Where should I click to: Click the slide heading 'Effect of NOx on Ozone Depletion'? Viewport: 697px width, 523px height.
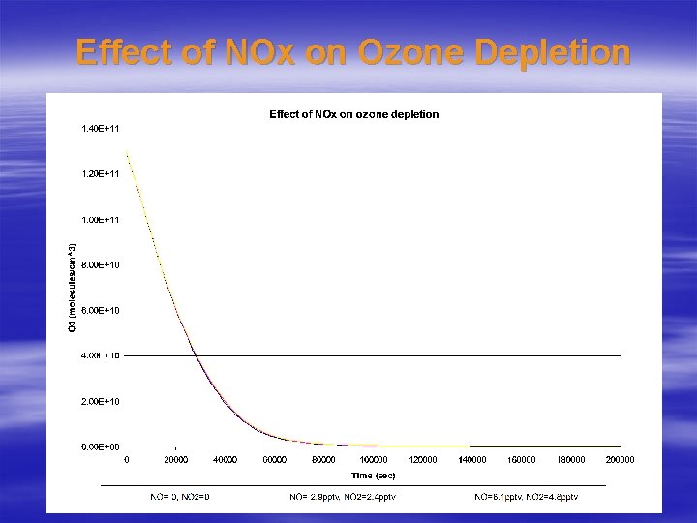[352, 52]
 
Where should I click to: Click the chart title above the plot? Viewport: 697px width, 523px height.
[353, 114]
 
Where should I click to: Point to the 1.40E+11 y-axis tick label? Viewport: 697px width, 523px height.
[100, 128]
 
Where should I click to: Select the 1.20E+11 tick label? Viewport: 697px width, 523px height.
[100, 173]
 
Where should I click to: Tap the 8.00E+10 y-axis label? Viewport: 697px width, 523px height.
[100, 264]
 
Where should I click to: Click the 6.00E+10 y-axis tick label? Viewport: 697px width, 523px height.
[100, 310]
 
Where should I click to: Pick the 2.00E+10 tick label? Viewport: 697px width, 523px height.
[100, 401]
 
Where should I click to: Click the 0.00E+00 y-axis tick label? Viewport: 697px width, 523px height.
[100, 446]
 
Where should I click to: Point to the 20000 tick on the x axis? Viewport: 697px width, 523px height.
[175, 460]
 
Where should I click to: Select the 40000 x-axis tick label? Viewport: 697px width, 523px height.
[225, 460]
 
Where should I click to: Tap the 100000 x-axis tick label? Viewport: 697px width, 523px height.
[374, 460]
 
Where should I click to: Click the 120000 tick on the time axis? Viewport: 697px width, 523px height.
[423, 460]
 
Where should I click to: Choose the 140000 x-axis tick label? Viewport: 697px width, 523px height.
[472, 460]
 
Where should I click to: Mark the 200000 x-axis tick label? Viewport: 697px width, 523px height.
[620, 460]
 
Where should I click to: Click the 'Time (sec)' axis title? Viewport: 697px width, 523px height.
[373, 475]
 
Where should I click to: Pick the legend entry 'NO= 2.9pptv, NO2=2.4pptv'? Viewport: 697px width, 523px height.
[343, 497]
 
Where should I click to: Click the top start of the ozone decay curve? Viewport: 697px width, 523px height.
[128, 153]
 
